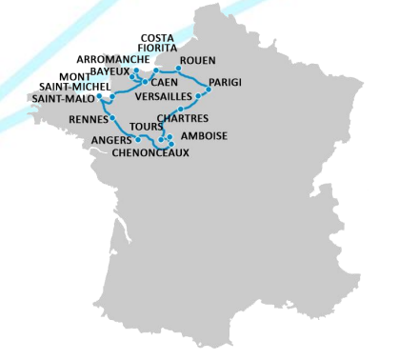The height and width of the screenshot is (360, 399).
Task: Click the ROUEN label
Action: pyautogui.click(x=197, y=61)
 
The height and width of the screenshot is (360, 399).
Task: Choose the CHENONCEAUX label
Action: pyautogui.click(x=150, y=151)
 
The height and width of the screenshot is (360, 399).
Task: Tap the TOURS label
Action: pyautogui.click(x=145, y=126)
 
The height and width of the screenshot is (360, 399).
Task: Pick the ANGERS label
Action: pyautogui.click(x=111, y=139)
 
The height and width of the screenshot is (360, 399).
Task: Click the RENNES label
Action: pyautogui.click(x=89, y=119)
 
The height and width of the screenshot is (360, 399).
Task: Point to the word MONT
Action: pyautogui.click(x=75, y=76)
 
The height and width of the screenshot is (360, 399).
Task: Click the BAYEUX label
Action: pyautogui.click(x=110, y=71)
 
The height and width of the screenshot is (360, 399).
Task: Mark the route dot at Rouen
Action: pyautogui.click(x=179, y=69)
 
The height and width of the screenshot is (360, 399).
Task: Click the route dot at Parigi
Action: pyautogui.click(x=209, y=90)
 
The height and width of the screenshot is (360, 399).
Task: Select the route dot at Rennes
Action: pyautogui.click(x=112, y=118)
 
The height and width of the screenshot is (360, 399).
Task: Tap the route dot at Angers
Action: pyautogui.click(x=138, y=139)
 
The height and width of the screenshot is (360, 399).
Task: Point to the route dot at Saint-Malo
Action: pyautogui.click(x=99, y=95)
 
